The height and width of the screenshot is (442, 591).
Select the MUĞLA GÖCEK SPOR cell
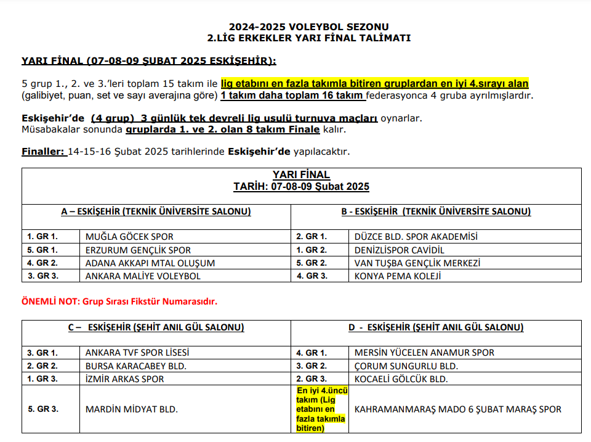click(x=129, y=237)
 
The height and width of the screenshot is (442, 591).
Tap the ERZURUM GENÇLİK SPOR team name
click(x=138, y=250)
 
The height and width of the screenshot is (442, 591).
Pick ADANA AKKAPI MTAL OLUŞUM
click(x=150, y=263)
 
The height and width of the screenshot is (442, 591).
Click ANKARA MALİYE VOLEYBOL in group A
click(x=143, y=276)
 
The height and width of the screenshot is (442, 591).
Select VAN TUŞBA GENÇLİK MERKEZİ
click(x=417, y=263)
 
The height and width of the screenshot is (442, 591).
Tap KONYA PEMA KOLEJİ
click(x=398, y=276)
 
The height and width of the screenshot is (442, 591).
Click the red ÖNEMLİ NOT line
click(x=119, y=302)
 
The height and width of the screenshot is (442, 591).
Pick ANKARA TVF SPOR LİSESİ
click(x=137, y=353)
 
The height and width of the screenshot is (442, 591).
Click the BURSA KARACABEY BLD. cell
click(x=136, y=366)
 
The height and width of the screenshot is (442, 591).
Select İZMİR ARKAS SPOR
click(x=125, y=379)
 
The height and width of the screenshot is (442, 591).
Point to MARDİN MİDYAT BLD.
click(x=132, y=409)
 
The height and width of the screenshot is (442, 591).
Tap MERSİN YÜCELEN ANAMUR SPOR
click(x=424, y=353)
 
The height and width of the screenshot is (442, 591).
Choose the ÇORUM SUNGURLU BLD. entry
click(x=406, y=366)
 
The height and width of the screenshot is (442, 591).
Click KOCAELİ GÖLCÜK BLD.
click(x=401, y=379)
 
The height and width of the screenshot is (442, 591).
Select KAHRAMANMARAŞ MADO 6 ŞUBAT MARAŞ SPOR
click(x=458, y=409)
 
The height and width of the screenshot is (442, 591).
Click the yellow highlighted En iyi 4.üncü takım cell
click(x=321, y=409)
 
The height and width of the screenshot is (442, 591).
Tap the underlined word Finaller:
click(x=44, y=152)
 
